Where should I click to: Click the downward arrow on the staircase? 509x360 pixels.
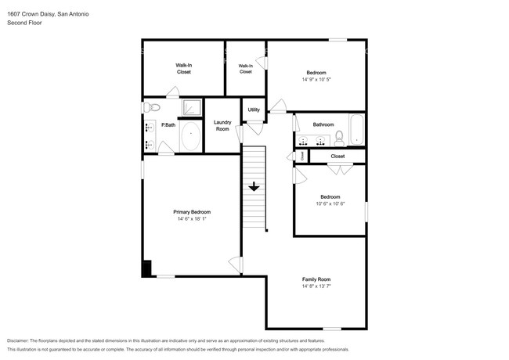point(254,187)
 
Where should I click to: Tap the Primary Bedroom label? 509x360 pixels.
point(192,212)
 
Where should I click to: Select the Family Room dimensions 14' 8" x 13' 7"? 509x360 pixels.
point(316,286)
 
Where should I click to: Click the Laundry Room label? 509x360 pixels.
point(222,125)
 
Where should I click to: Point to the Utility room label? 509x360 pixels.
point(254,110)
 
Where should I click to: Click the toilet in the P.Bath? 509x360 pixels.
point(152,107)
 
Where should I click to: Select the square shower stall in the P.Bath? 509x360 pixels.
point(192,107)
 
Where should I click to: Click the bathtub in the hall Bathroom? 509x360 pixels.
point(357,129)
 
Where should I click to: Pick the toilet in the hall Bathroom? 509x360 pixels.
point(340,139)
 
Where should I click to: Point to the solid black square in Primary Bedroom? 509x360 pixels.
point(146,268)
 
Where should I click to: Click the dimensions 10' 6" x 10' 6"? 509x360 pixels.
point(330,203)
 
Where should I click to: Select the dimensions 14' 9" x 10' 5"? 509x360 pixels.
point(316,79)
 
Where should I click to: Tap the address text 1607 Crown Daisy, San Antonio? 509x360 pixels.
point(48,14)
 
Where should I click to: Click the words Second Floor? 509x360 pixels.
point(24,23)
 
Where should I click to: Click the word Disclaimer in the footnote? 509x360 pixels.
point(18,340)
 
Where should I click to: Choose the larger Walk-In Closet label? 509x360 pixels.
point(184,68)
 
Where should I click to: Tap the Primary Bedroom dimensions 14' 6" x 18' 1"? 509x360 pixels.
point(192,219)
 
